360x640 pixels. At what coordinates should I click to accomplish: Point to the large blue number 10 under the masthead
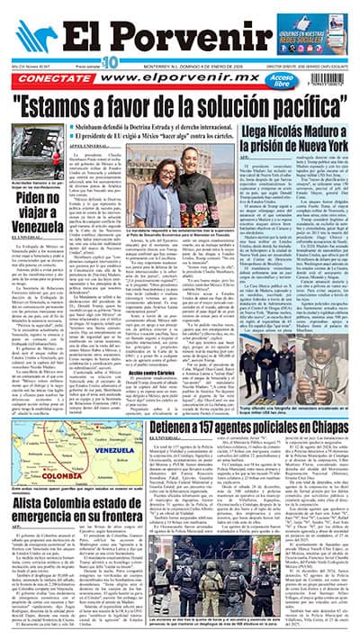coord(111,61)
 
